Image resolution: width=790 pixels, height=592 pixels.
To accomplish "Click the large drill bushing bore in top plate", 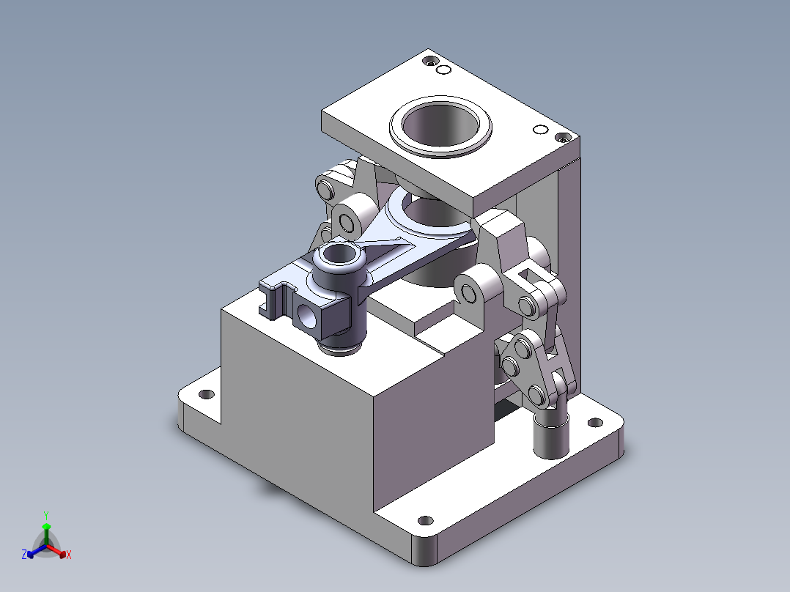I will (440, 123).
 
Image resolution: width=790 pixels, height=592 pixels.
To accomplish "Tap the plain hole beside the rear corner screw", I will (443, 70).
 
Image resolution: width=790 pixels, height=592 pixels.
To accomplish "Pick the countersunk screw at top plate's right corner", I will (563, 137).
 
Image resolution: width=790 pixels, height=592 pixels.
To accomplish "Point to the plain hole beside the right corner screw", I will (541, 130).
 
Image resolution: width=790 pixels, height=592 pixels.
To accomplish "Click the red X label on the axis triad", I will (68, 555).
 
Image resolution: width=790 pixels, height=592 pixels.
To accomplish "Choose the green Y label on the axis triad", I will (45, 515).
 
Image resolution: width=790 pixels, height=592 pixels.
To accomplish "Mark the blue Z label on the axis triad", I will (24, 555).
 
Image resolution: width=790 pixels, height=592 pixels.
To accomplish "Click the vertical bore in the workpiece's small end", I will (338, 256).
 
